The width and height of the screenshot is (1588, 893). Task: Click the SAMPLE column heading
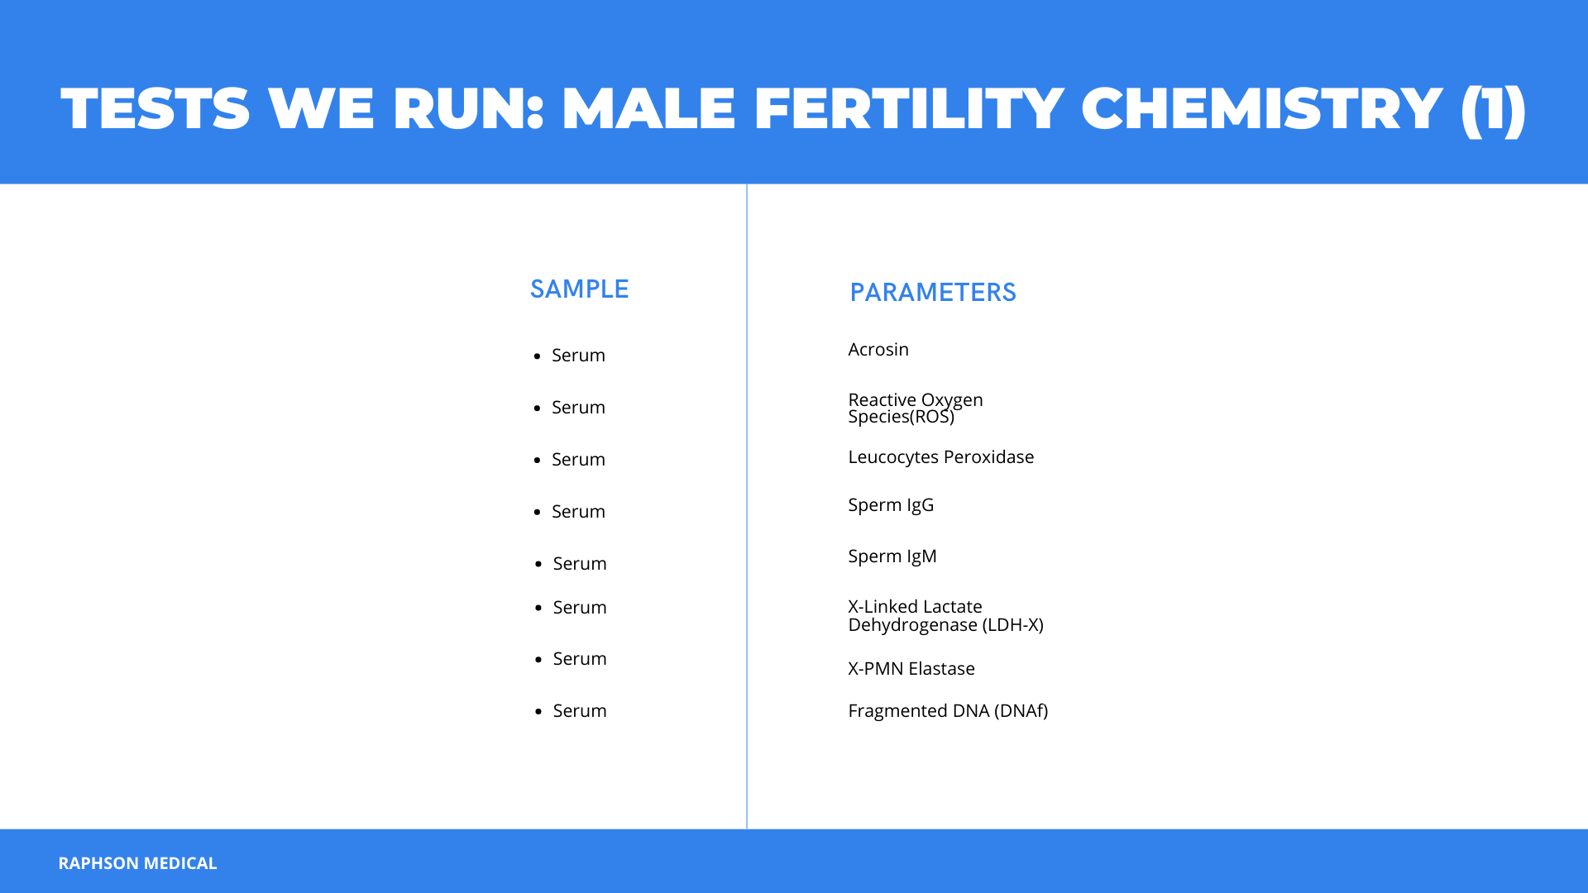(579, 289)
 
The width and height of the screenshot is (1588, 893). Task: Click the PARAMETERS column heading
(933, 292)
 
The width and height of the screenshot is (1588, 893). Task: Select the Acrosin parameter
(878, 350)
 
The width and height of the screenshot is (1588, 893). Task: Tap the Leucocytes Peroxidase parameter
(941, 457)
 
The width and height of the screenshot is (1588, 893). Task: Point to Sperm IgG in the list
(891, 505)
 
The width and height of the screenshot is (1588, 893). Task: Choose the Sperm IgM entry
(892, 556)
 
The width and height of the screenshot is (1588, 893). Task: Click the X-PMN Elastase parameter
(911, 668)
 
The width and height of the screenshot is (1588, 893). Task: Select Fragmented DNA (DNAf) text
(948, 711)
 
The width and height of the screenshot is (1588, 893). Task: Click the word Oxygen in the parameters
(952, 401)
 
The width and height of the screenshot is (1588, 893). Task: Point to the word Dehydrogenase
(912, 625)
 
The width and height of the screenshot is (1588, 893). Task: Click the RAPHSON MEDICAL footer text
(137, 863)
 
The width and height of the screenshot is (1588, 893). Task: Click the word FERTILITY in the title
(908, 108)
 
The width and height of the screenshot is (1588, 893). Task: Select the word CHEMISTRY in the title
(1262, 108)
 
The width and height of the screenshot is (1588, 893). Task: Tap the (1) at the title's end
(1494, 110)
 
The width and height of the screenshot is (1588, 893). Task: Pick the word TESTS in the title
(155, 108)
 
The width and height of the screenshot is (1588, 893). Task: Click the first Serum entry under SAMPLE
(578, 356)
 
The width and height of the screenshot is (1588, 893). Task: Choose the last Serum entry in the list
(580, 711)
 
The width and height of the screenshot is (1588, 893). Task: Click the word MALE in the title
(648, 108)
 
